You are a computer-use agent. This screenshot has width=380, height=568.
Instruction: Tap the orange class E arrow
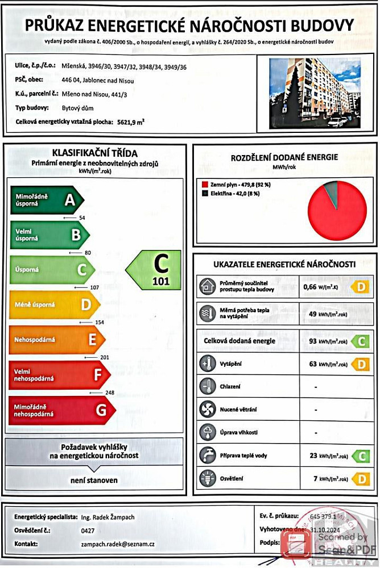(x=57, y=340)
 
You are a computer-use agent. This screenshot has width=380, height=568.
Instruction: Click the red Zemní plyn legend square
(x=205, y=185)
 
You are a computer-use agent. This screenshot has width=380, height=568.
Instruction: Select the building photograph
(x=314, y=93)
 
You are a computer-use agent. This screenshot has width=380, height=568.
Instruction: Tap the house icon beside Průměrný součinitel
(x=206, y=287)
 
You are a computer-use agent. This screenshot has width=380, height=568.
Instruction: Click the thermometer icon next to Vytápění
(x=206, y=364)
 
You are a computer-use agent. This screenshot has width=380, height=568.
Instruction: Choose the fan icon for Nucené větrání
(x=206, y=409)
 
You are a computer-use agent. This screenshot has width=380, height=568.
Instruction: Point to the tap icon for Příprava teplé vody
(x=206, y=456)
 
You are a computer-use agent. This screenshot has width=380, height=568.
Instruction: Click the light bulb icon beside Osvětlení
(x=206, y=479)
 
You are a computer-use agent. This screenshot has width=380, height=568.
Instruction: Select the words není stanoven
(x=94, y=480)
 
